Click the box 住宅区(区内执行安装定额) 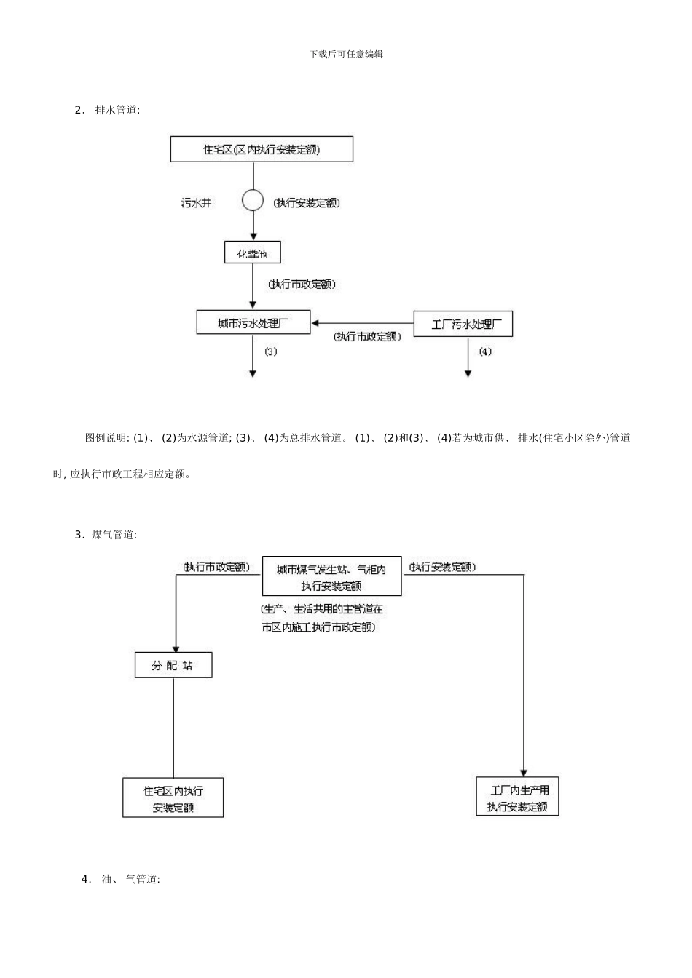[262, 149]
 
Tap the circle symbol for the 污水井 [253, 200]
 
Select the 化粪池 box [252, 253]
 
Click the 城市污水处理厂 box [253, 323]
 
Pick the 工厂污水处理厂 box [463, 324]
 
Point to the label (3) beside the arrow [271, 351]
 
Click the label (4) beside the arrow [485, 351]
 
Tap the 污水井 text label [197, 203]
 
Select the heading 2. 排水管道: [108, 110]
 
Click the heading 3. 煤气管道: [106, 535]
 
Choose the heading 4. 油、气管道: [121, 879]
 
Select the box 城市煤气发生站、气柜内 [331, 576]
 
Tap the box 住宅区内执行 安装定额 [173, 798]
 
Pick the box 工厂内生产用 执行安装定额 [517, 797]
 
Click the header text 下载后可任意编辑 [346, 54]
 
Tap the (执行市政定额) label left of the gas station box [216, 567]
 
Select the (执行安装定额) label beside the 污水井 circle [307, 203]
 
